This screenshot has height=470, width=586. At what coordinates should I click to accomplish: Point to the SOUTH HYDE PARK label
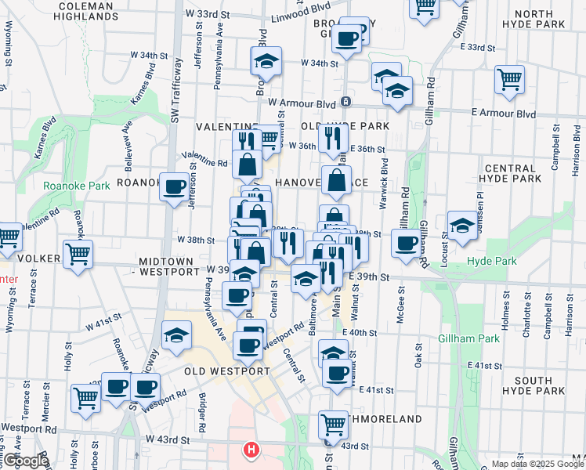533,385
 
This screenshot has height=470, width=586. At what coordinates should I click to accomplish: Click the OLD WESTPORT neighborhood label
227,371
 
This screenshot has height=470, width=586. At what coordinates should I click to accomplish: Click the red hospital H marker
251,450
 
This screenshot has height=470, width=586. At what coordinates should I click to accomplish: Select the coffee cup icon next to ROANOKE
175,186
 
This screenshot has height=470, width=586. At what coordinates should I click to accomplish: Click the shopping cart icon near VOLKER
78,254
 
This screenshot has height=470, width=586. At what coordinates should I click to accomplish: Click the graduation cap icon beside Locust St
462,225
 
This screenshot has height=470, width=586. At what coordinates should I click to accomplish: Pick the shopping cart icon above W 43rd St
333,425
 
